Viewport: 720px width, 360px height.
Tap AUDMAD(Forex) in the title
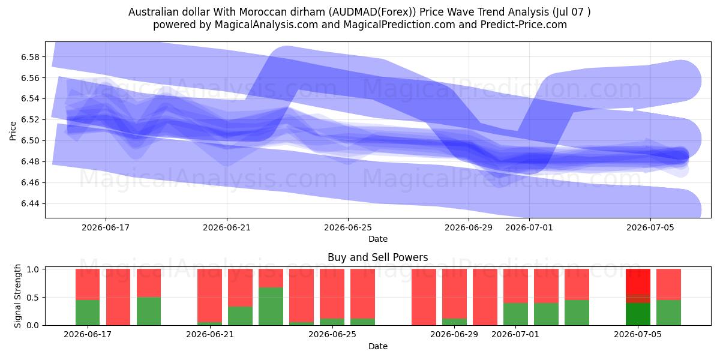(372, 12)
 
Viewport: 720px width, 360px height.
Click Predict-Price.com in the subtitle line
(524, 25)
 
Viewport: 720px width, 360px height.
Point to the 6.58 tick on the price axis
(30, 57)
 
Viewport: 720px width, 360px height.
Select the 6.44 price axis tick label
(30, 204)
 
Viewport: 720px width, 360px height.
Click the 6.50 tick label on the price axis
(30, 141)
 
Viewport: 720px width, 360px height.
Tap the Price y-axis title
(13, 131)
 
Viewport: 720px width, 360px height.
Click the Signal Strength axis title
(17, 296)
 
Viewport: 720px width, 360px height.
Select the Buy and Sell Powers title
(377, 257)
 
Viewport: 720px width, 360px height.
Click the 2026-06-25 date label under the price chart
(348, 227)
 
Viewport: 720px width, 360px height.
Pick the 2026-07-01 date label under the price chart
(529, 227)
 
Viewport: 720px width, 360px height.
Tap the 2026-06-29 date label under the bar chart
(454, 335)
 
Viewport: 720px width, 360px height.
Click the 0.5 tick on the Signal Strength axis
(33, 298)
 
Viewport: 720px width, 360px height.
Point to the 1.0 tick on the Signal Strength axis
(33, 269)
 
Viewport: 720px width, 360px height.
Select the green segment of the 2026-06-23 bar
(271, 307)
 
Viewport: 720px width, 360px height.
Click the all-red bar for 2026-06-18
(118, 297)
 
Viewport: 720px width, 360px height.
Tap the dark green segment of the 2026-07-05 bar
(638, 314)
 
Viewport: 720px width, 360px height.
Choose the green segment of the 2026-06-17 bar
(88, 313)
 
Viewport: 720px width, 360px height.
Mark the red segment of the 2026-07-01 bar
(515, 286)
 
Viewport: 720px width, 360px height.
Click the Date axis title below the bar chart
(377, 347)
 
